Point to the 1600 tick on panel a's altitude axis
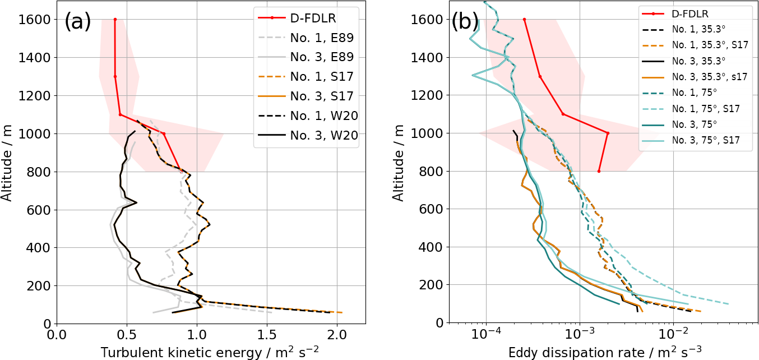[35, 20]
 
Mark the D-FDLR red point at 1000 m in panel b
[608, 133]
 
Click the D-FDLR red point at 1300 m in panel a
[115, 77]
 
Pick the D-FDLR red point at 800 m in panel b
[599, 171]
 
